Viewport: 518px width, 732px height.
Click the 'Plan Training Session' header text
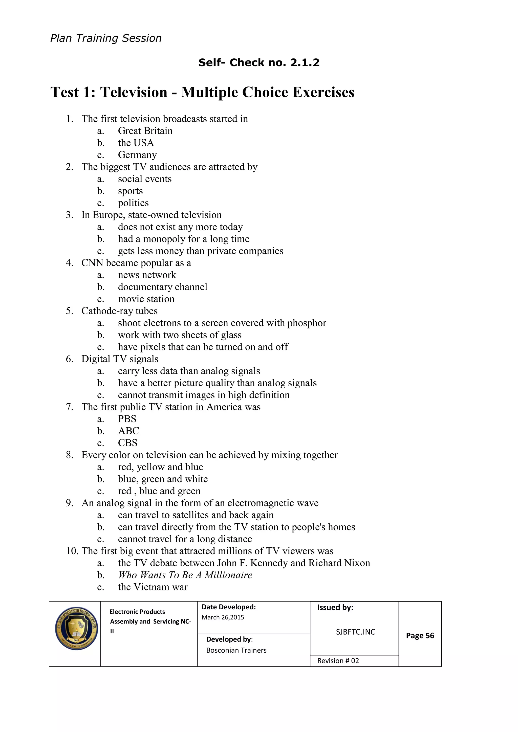coord(106,38)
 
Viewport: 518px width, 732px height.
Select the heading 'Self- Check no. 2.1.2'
coord(259,62)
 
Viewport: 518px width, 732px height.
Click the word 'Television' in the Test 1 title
coord(134,93)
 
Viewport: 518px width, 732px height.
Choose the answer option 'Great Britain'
coord(145,131)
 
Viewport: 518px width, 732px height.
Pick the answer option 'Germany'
coord(137,155)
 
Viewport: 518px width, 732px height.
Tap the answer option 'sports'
coord(130,191)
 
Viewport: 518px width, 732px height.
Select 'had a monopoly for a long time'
coord(183,239)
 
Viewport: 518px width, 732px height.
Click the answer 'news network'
coord(147,275)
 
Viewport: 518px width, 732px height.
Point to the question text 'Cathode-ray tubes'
coord(119,311)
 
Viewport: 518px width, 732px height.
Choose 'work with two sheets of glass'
coord(180,335)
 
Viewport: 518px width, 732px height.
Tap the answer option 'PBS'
coord(127,419)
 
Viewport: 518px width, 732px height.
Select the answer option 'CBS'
coord(127,443)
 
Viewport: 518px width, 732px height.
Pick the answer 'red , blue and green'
coord(159,491)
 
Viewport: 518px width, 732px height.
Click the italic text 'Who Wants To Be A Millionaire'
coord(185,575)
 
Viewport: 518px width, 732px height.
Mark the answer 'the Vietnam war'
coord(153,587)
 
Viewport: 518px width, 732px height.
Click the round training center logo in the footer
coord(76,628)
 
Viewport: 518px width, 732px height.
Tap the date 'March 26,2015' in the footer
coord(223,617)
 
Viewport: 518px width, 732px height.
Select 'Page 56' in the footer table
coord(420,635)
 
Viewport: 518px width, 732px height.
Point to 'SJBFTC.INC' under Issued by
coord(355,632)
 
